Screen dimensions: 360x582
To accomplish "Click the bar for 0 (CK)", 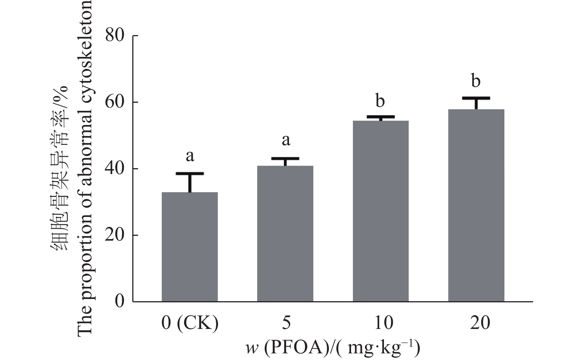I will coord(190,247).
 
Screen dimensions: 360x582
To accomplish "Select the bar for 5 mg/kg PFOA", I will coord(285,234).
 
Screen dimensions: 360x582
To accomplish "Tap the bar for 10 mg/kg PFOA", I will coord(381,211).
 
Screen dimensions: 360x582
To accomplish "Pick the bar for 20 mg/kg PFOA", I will coord(476,205).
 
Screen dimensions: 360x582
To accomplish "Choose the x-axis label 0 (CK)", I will coord(190,323).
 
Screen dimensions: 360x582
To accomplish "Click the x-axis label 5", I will coord(285,323).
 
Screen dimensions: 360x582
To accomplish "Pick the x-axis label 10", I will coord(381,323).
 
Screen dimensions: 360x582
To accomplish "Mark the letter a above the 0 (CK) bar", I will coord(190,156).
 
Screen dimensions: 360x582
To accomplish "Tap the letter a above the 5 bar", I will coord(286,140).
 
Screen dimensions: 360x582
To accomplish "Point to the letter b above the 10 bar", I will coord(380,100).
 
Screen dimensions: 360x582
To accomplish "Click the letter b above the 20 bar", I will coord(476,81).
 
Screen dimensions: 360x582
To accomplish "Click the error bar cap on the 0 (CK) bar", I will coord(190,173).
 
